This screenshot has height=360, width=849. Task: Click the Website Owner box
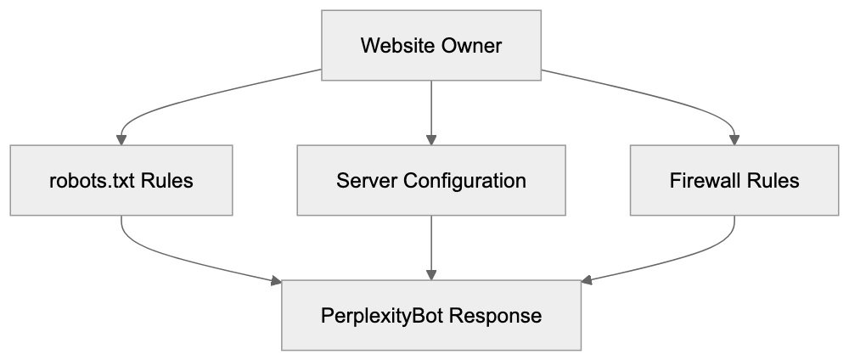tap(431, 45)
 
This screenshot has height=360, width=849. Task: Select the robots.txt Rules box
tap(121, 180)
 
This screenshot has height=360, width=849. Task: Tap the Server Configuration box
tap(431, 180)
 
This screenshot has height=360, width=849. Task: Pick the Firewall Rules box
tap(734, 180)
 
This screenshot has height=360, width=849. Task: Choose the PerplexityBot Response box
tap(431, 315)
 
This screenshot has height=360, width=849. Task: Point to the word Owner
tap(471, 45)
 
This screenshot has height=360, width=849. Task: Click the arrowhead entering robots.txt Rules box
tap(121, 139)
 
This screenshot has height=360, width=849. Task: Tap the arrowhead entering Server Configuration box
tap(431, 139)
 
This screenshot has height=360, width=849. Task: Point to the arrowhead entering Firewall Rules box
tap(734, 139)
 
